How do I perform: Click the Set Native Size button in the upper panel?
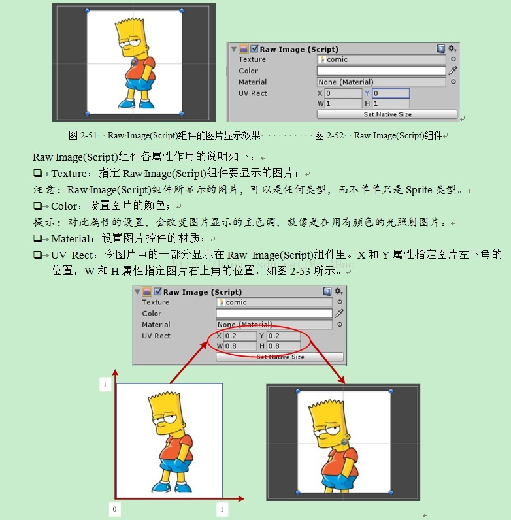click(x=387, y=114)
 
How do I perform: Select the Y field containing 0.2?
click(x=284, y=336)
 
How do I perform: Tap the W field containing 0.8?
click(x=240, y=346)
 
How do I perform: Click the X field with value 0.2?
click(x=240, y=336)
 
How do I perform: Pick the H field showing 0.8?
click(x=284, y=346)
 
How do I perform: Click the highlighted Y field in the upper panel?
click(x=391, y=93)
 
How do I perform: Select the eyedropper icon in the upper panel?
click(x=453, y=71)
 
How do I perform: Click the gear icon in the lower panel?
click(x=338, y=291)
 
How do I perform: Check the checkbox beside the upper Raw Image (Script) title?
click(x=254, y=49)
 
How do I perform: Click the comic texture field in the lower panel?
click(x=274, y=302)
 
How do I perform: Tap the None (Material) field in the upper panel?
click(x=381, y=82)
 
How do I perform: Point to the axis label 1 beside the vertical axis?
click(x=105, y=384)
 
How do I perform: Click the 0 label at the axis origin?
click(x=115, y=509)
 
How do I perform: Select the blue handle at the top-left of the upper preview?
click(x=88, y=11)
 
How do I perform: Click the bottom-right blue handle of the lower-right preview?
click(x=391, y=492)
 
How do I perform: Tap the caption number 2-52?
click(x=335, y=135)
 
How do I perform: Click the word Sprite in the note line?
click(x=419, y=189)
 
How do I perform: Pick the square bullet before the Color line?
click(x=37, y=206)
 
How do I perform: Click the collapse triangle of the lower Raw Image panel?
click(x=137, y=292)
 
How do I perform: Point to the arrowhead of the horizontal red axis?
click(x=241, y=498)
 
